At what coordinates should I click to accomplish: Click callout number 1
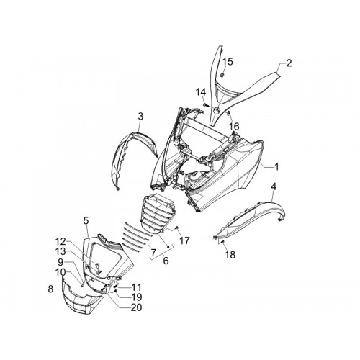276,167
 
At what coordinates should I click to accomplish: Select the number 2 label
289,63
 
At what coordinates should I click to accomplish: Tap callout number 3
140,117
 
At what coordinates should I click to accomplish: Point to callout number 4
274,186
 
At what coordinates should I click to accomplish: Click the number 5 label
86,220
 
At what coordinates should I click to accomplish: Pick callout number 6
166,261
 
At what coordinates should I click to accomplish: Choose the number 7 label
153,252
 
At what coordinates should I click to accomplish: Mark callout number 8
50,289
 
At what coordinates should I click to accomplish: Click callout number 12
60,241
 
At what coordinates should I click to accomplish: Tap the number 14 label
201,91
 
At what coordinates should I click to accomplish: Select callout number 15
228,62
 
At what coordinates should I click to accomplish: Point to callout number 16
234,126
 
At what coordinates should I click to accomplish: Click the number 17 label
184,240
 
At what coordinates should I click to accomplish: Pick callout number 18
230,255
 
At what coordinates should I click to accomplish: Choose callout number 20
136,307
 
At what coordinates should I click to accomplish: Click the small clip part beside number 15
222,75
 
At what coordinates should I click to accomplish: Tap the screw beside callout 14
205,104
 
